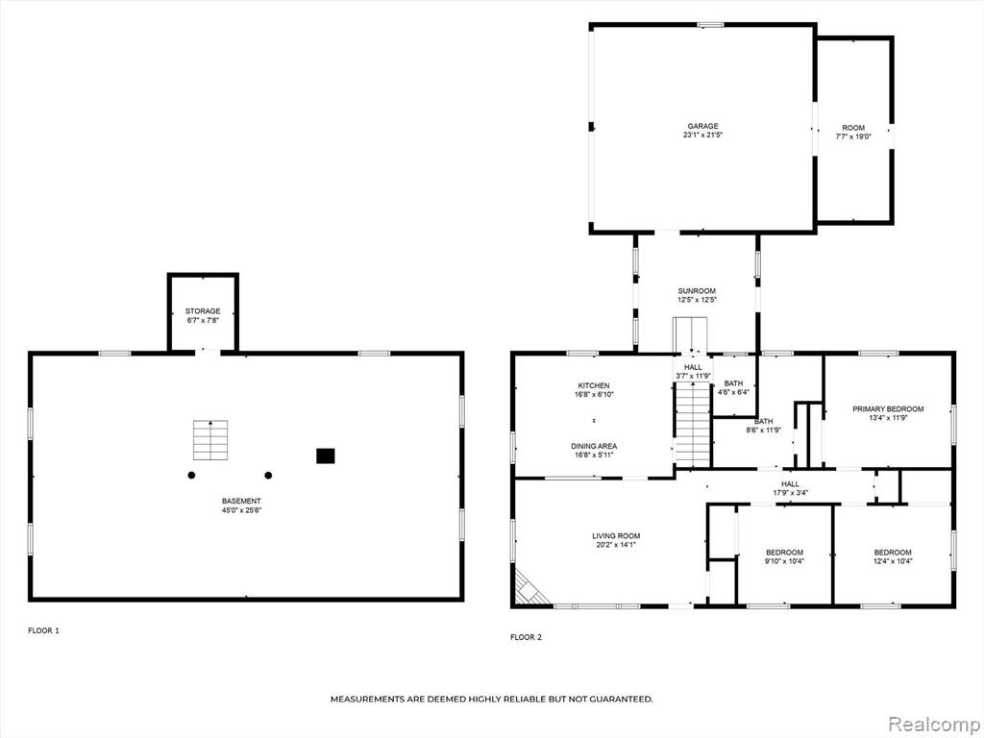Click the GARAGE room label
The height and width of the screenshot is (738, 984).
(x=702, y=126)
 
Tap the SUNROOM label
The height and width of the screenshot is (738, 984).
(x=697, y=291)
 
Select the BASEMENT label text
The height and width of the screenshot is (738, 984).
(x=241, y=501)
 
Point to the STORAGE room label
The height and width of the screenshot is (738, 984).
(x=203, y=311)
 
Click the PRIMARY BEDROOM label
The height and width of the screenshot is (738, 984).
(x=888, y=409)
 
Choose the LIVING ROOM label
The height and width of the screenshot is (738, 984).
(x=616, y=536)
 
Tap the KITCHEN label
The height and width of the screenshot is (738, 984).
(x=594, y=386)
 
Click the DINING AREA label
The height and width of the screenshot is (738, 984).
(x=594, y=446)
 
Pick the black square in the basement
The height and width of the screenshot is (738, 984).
(x=325, y=456)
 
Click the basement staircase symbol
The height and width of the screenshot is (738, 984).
(x=210, y=440)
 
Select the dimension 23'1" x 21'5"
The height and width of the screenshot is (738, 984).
(x=702, y=135)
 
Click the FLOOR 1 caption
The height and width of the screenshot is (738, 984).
(x=43, y=630)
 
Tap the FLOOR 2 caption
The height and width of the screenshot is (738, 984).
(x=526, y=637)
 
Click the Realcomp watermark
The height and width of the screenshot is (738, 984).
(x=933, y=724)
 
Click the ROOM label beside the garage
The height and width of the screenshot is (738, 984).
(x=853, y=128)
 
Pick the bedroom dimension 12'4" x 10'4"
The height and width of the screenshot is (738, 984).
(x=893, y=561)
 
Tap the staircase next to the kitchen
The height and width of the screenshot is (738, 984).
(x=692, y=424)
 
